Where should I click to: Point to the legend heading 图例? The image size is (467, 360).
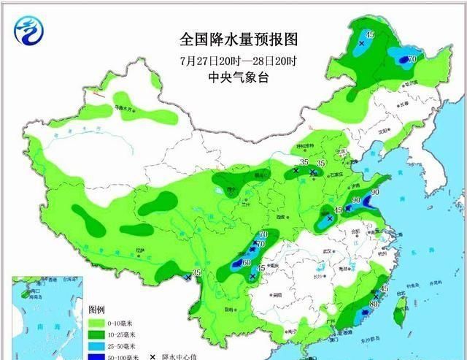click(x=96, y=309)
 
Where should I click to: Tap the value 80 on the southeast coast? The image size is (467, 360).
click(x=373, y=303)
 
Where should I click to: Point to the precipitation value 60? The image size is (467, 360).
click(x=247, y=262)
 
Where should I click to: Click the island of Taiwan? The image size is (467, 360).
click(x=398, y=310)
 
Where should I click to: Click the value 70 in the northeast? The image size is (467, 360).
click(x=412, y=58)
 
